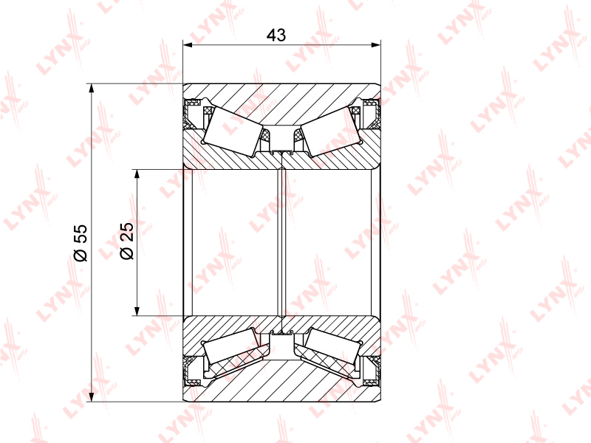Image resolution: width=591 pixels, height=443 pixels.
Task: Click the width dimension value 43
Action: pyautogui.click(x=276, y=35)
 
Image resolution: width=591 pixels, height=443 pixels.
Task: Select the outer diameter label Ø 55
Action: pyautogui.click(x=81, y=243)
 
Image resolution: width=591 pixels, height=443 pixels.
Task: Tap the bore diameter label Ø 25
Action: pyautogui.click(x=127, y=241)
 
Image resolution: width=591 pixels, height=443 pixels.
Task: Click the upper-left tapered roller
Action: pyautogui.click(x=233, y=131)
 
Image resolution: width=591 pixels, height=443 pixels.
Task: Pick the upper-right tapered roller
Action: pyautogui.click(x=331, y=131)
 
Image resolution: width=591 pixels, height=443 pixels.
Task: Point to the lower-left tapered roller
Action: pyautogui.click(x=231, y=346)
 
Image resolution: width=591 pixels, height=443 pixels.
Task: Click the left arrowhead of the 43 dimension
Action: pyautogui.click(x=188, y=45)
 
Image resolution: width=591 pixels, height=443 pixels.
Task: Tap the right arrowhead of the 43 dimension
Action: pyautogui.click(x=376, y=45)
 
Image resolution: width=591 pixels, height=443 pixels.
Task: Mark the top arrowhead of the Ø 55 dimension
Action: pyautogui.click(x=91, y=88)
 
